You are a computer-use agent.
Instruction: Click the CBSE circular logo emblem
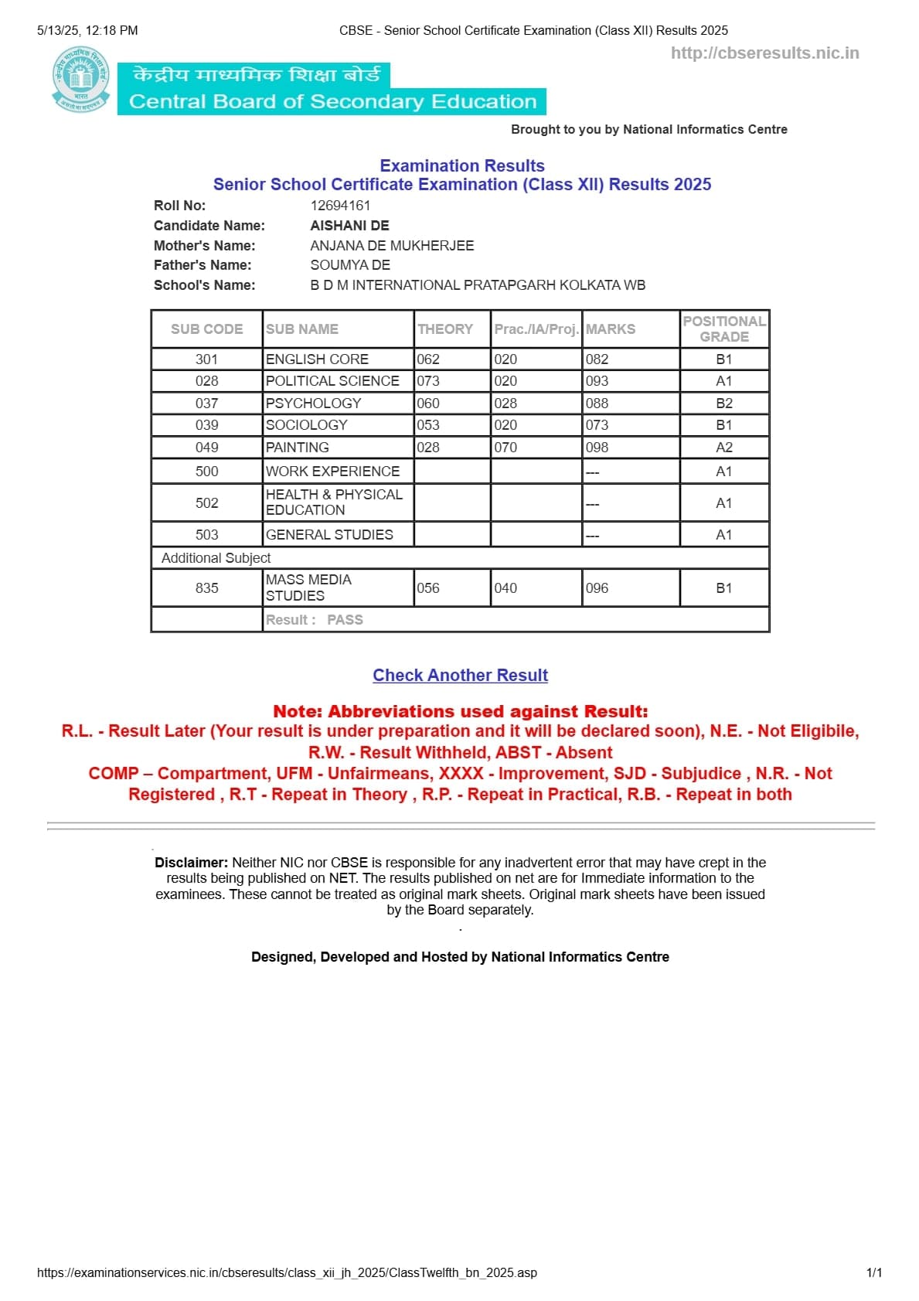(x=80, y=80)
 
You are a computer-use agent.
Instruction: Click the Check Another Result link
(x=460, y=675)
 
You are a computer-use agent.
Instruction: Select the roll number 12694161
(x=340, y=206)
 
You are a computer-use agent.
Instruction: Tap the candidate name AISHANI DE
(x=349, y=226)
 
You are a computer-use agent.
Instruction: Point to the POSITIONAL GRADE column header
(x=723, y=329)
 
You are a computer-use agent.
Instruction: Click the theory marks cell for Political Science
(x=428, y=381)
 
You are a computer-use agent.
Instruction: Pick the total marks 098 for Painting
(x=597, y=448)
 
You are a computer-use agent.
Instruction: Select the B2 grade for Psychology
(x=723, y=404)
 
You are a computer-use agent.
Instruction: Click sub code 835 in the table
(x=206, y=588)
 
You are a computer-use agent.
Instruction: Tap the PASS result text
(x=345, y=620)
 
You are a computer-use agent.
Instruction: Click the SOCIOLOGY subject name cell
(x=307, y=425)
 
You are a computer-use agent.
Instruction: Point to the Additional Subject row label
(x=216, y=558)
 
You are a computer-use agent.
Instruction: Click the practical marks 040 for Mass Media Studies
(x=505, y=588)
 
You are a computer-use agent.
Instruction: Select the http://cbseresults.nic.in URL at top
(x=764, y=53)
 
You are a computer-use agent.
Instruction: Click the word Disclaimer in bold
(x=191, y=863)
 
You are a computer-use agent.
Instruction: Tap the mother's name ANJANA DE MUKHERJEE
(x=392, y=246)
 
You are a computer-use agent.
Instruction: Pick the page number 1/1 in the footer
(x=874, y=1272)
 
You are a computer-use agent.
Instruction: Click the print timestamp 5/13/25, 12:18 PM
(x=87, y=31)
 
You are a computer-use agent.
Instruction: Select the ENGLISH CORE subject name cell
(x=317, y=359)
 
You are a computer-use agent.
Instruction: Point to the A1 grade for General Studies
(x=723, y=535)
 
